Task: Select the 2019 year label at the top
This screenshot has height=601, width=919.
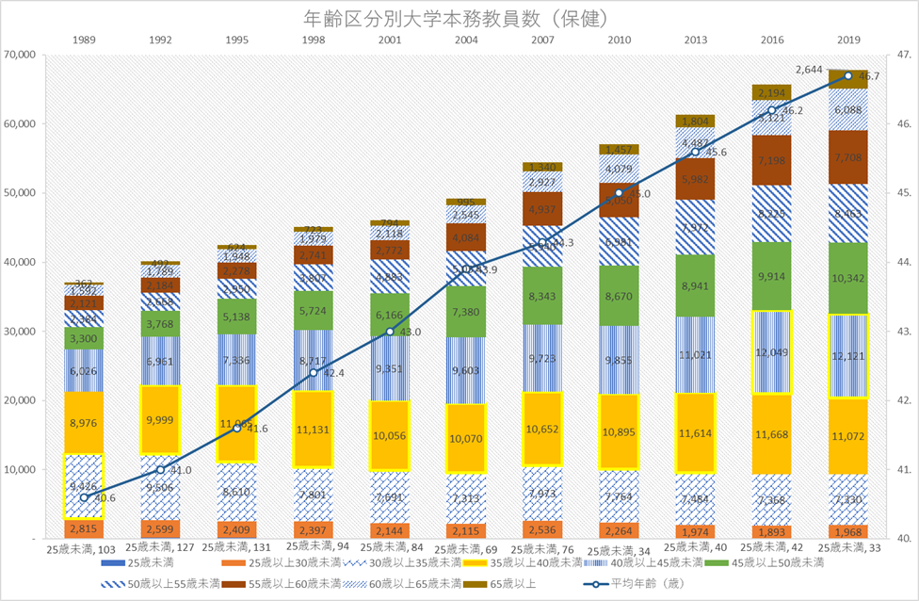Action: pos(848,40)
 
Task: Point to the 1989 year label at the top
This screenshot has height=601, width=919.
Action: pos(84,40)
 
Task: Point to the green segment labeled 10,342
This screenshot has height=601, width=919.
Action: pos(848,279)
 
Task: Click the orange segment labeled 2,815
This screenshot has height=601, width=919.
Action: pos(84,528)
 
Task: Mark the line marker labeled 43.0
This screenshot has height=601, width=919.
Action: pos(390,331)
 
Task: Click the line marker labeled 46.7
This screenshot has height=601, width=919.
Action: pos(848,75)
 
